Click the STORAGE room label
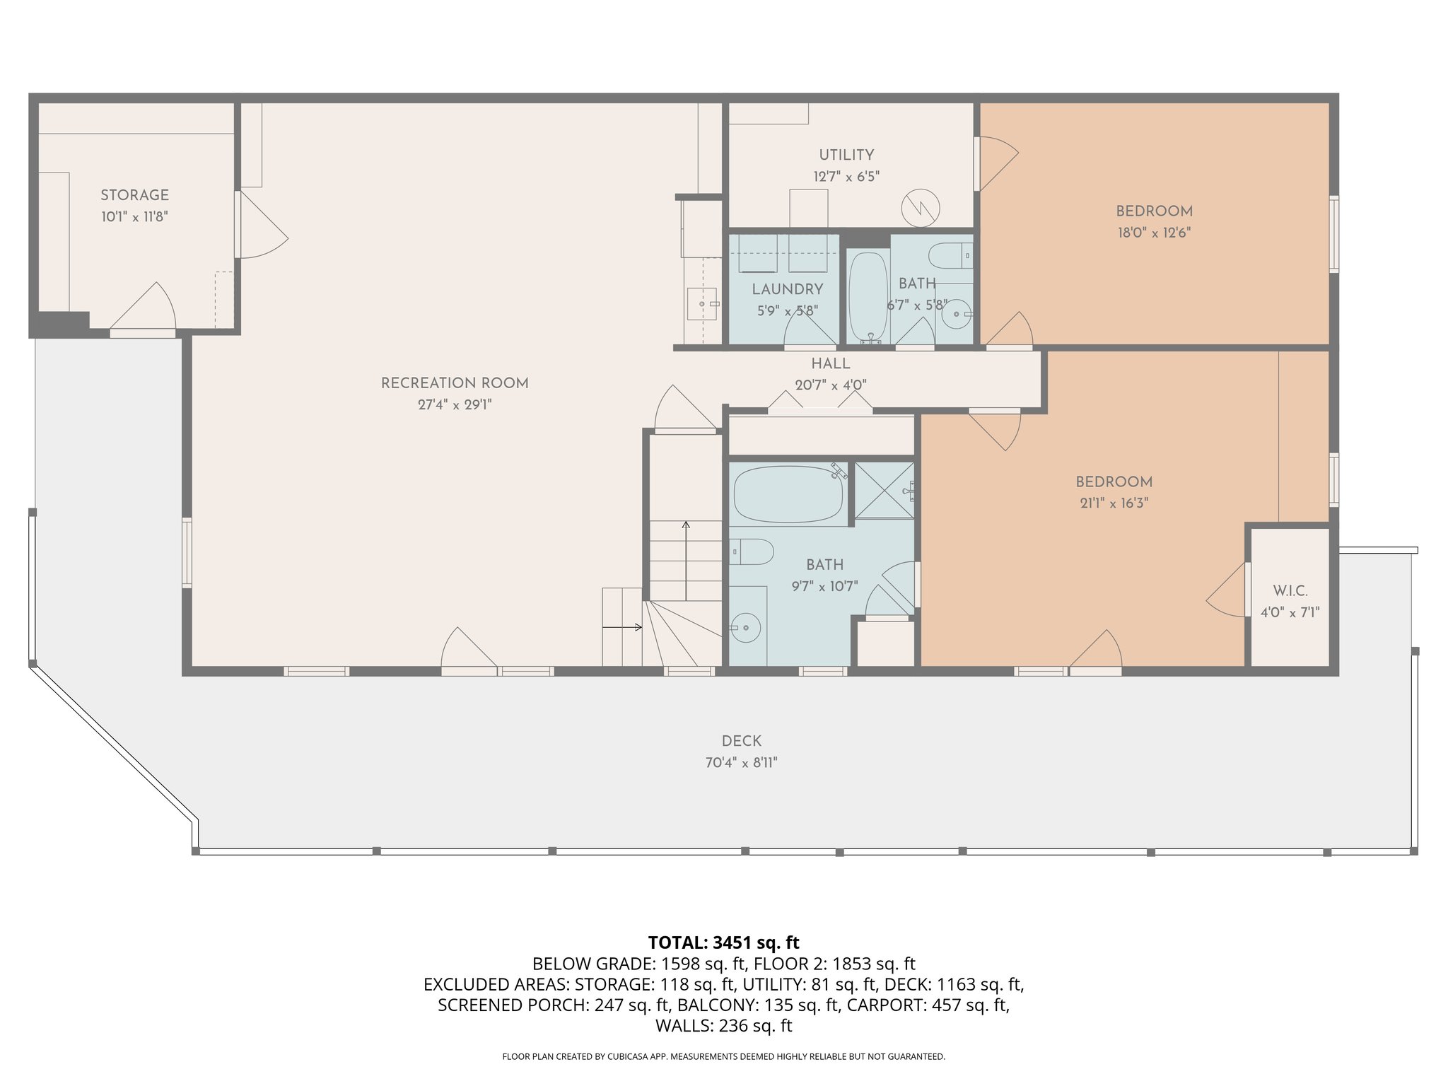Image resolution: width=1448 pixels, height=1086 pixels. [x=134, y=195]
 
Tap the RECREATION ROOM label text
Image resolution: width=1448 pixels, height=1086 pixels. [x=455, y=383]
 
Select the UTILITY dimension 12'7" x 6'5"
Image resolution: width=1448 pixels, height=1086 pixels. [x=846, y=177]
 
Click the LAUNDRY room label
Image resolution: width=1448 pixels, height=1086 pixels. [x=787, y=289]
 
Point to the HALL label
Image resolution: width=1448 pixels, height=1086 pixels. [x=830, y=364]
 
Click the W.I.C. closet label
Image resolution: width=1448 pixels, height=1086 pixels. [x=1290, y=591]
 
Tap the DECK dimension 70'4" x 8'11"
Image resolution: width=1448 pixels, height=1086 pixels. [x=740, y=763]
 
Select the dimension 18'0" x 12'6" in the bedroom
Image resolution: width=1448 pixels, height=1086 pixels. [x=1154, y=233]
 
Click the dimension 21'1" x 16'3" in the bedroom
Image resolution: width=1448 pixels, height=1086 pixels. [x=1114, y=503]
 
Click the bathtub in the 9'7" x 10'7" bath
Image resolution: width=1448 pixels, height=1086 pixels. [x=788, y=494]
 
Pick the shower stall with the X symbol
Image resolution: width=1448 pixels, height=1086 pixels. [x=884, y=490]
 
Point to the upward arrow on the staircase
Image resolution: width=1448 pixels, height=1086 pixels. [x=685, y=559]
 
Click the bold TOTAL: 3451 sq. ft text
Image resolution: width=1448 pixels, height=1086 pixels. [x=723, y=942]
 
